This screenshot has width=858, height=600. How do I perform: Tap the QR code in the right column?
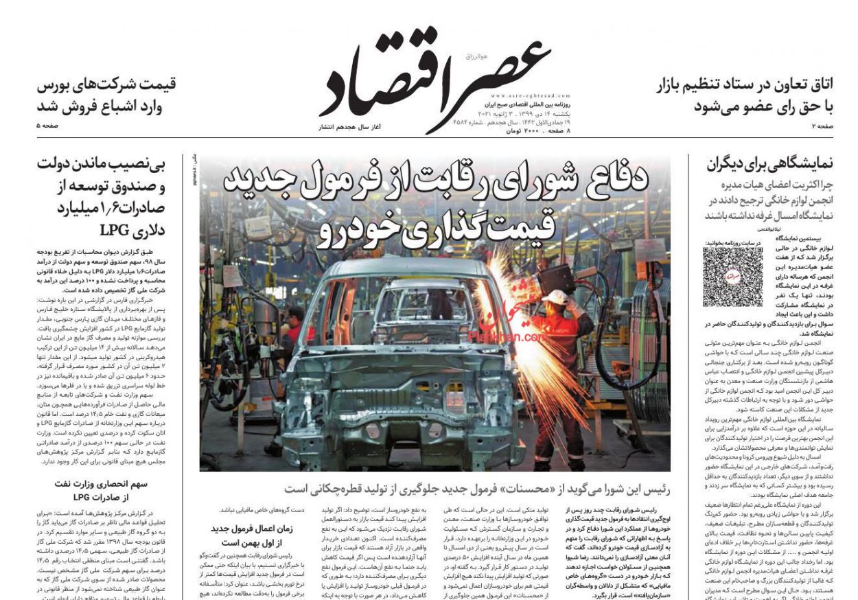point(732,276)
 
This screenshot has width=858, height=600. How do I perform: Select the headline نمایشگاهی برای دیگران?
point(769,163)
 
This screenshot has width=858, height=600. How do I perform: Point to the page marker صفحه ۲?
point(822,126)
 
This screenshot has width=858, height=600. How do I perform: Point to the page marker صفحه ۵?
point(48,126)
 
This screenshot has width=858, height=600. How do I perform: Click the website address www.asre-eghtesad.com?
point(528,96)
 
